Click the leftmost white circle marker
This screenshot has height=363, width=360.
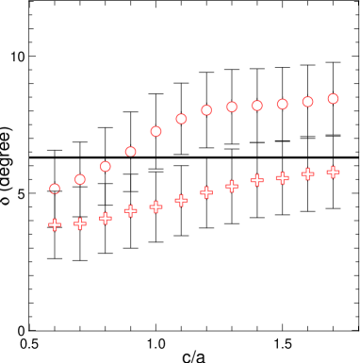[x=55, y=189]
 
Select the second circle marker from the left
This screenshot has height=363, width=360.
[x=80, y=179]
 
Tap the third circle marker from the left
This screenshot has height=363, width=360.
[x=106, y=166]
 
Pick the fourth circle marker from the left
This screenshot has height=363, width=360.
[x=131, y=151]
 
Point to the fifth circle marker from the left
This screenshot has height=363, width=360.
[x=156, y=131]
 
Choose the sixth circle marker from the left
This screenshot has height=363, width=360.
[x=181, y=119]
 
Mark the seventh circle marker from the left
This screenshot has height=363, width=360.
[x=206, y=110]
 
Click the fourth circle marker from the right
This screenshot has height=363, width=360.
[x=257, y=106]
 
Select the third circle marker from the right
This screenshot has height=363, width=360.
[x=283, y=104]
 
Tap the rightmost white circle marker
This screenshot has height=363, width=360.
[x=333, y=98]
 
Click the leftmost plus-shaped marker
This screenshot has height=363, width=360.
[x=55, y=224]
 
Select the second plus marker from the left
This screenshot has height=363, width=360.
[x=80, y=223]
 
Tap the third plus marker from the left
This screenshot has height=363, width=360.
[x=106, y=218]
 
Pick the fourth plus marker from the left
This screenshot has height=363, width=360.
[x=131, y=210]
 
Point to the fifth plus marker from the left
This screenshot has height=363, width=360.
[x=156, y=206]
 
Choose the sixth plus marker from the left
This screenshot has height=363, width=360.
[x=181, y=200]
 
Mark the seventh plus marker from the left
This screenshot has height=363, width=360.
[x=206, y=192]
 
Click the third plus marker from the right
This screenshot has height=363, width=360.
[x=283, y=177]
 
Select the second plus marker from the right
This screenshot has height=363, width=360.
[x=307, y=173]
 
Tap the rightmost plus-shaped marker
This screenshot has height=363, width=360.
[x=333, y=172]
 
